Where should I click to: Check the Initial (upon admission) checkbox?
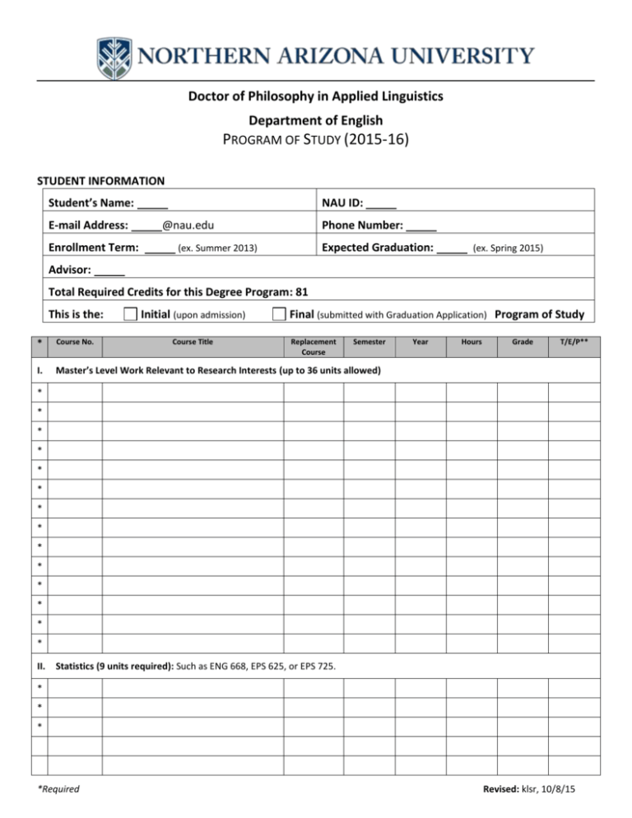(x=129, y=314)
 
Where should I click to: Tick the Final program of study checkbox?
(x=279, y=314)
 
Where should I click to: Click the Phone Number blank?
(x=421, y=225)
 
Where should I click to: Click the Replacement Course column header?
(x=314, y=346)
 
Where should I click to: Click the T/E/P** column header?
(x=574, y=341)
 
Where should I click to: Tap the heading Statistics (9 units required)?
(x=113, y=664)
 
